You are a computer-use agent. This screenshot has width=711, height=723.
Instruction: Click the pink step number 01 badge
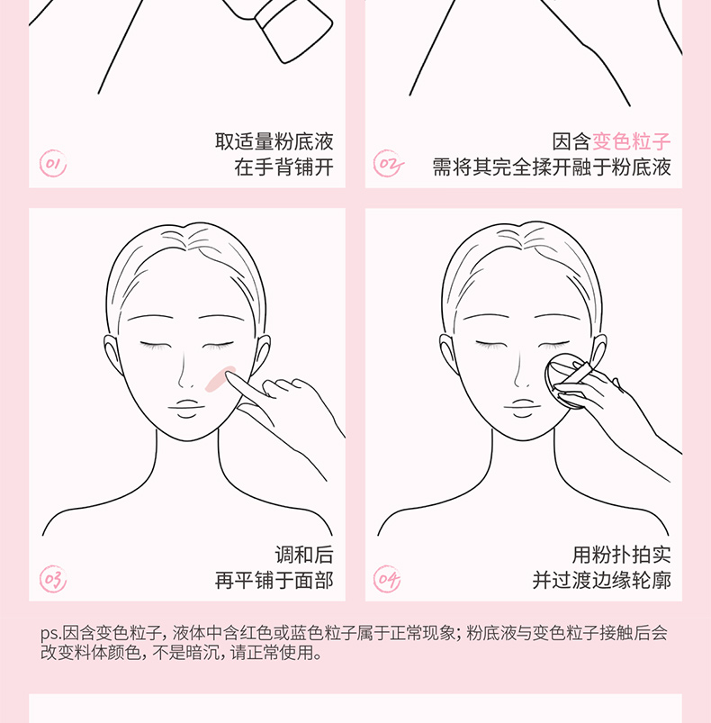[x=53, y=164]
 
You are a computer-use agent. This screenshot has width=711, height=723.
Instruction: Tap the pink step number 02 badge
[x=389, y=164]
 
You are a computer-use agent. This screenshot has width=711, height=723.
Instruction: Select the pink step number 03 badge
[x=53, y=579]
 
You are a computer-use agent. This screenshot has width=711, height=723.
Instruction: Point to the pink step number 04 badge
[x=387, y=579]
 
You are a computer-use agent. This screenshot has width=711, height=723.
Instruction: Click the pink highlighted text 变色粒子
[x=631, y=141]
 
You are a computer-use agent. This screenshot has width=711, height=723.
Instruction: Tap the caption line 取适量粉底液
[x=274, y=141]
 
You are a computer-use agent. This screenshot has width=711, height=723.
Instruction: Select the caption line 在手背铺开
[x=283, y=167]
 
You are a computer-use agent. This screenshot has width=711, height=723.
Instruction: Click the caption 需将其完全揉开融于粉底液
[x=552, y=167]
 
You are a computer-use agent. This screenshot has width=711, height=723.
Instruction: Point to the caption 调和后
[x=304, y=555]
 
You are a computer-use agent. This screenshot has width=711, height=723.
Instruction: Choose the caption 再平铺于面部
[x=274, y=581]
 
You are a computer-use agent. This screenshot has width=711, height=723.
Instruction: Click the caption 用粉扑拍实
[x=622, y=555]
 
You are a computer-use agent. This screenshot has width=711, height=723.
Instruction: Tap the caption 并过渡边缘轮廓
[x=602, y=581]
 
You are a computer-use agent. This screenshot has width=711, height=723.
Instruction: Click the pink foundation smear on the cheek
[x=219, y=380]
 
